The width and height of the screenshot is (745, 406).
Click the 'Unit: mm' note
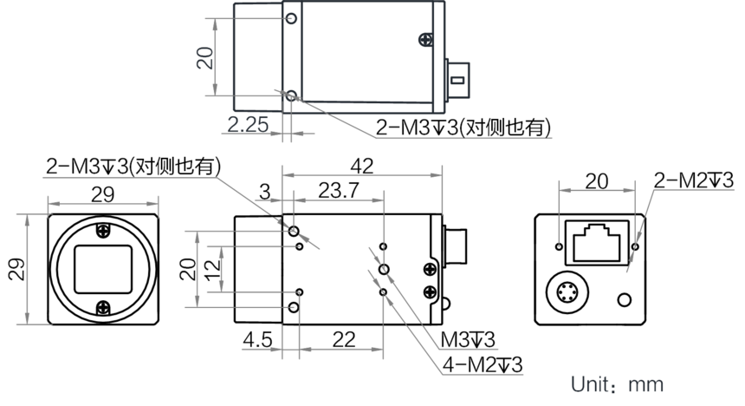click(x=617, y=384)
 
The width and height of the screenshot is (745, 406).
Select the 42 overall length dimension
click(x=362, y=166)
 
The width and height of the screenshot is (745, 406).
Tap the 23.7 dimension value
click(x=339, y=190)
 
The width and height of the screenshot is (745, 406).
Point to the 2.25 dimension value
click(x=248, y=125)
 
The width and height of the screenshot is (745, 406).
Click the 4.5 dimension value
click(x=257, y=340)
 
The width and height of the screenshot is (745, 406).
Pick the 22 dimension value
click(x=344, y=340)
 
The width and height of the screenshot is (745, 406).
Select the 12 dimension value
click(x=213, y=269)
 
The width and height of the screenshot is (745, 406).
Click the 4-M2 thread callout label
click(x=483, y=365)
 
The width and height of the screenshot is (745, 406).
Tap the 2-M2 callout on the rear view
click(x=694, y=180)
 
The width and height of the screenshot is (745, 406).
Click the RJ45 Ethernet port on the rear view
click(x=597, y=243)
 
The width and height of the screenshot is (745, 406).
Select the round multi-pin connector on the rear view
click(x=567, y=291)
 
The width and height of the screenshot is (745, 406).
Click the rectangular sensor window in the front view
click(x=102, y=270)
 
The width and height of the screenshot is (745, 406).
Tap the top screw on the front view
click(x=102, y=231)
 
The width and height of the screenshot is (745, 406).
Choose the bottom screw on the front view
click(x=103, y=309)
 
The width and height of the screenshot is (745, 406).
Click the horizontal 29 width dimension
click(x=102, y=194)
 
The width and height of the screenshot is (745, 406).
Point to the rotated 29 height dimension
click(x=16, y=270)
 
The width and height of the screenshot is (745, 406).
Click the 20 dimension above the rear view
click(x=597, y=181)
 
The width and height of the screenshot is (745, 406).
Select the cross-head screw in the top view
click(x=425, y=40)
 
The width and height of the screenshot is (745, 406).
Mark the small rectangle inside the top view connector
click(x=457, y=80)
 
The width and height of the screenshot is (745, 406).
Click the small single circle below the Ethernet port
click(x=625, y=300)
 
